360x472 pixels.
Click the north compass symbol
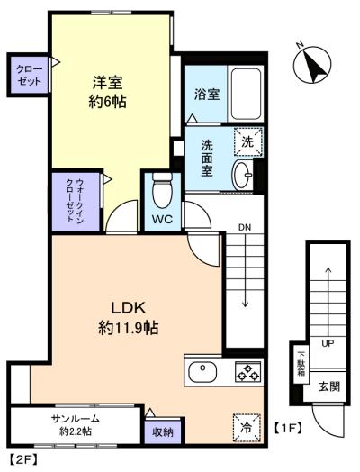311,65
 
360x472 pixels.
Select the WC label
163,219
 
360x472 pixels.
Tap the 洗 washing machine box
247,141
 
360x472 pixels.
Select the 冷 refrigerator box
244,427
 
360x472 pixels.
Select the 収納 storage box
161,433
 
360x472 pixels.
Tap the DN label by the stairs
244,226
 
